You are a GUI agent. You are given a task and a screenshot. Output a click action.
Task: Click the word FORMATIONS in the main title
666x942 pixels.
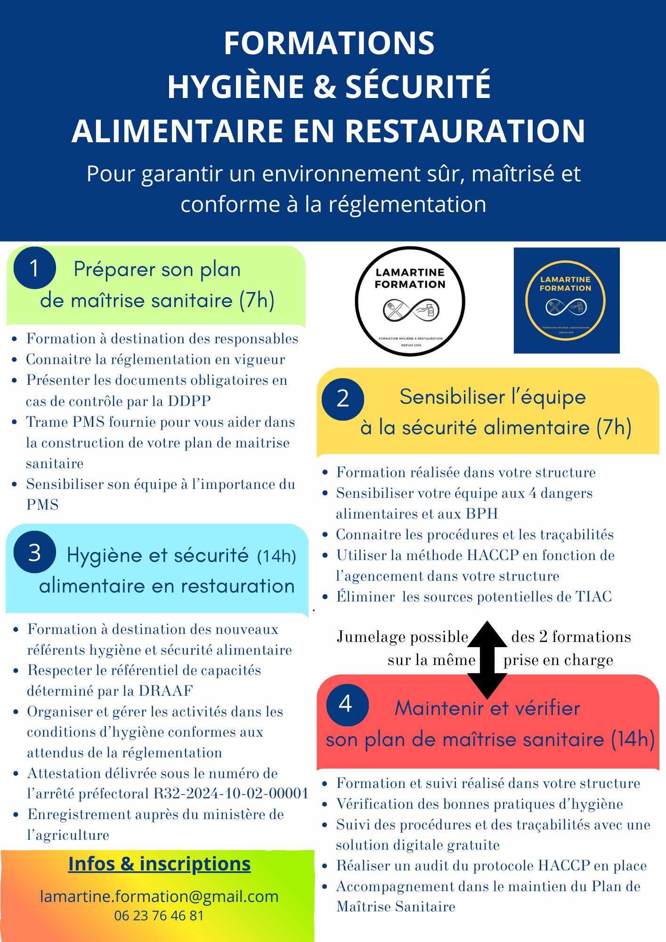[x=329, y=43]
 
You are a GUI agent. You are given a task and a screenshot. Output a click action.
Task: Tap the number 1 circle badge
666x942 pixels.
[x=34, y=268]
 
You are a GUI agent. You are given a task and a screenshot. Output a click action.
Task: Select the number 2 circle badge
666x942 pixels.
[x=343, y=399]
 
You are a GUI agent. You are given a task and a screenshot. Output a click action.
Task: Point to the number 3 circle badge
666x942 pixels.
[x=35, y=552]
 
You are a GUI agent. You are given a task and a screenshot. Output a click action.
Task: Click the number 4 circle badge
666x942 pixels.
[x=347, y=705]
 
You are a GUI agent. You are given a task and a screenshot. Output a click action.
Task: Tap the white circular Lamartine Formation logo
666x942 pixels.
[x=410, y=301]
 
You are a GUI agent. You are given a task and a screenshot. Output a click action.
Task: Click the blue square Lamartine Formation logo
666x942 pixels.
[x=566, y=300]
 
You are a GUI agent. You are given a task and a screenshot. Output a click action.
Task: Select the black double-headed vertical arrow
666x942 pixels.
[x=487, y=659]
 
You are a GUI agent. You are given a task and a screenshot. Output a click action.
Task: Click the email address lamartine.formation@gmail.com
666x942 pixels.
[x=159, y=896]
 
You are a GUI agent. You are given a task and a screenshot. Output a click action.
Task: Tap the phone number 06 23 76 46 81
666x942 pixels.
[x=159, y=916]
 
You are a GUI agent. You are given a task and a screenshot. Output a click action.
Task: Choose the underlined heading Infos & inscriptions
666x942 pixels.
[x=159, y=864]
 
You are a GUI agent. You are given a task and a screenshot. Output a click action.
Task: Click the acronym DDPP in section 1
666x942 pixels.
[x=189, y=401]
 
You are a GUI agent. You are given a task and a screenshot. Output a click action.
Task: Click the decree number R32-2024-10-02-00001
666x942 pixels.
[x=231, y=794]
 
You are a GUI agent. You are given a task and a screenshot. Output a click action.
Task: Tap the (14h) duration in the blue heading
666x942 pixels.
[x=276, y=556]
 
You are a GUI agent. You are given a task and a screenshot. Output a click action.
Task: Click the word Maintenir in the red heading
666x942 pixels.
[x=433, y=708]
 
